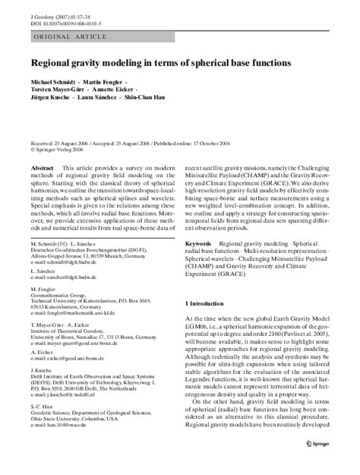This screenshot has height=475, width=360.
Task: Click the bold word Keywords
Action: point(200,243)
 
